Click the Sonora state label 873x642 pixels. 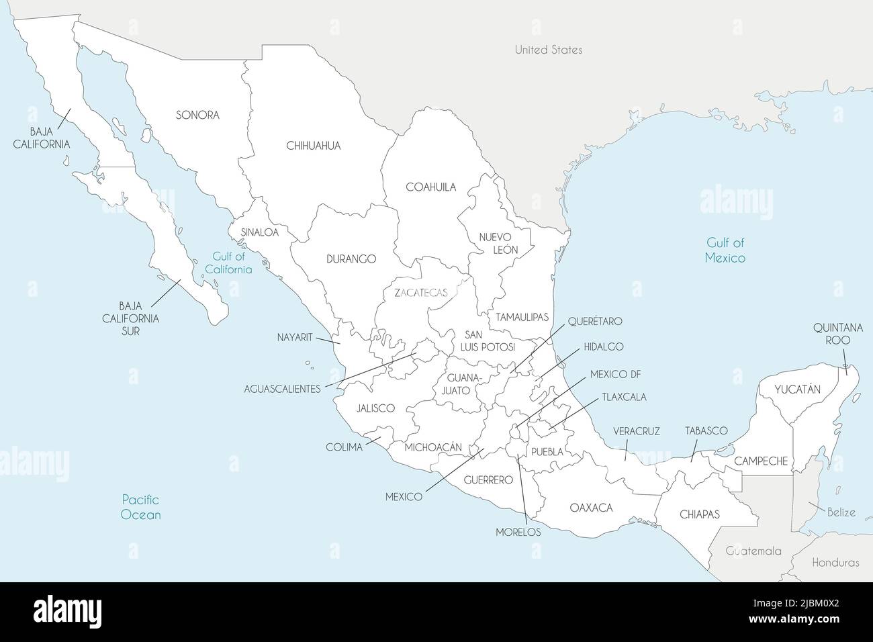197,115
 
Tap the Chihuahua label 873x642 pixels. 314,145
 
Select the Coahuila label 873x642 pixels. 430,187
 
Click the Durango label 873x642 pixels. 351,259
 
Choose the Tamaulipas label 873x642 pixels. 522,316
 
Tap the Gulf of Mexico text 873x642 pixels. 725,250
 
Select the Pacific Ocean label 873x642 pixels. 141,507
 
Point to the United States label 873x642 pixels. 549,50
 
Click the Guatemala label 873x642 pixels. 753,551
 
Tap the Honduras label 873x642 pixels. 835,563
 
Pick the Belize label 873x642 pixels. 841,512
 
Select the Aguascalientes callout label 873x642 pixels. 282,389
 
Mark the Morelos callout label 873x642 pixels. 518,531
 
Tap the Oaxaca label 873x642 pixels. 591,508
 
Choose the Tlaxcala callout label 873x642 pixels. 624,397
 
